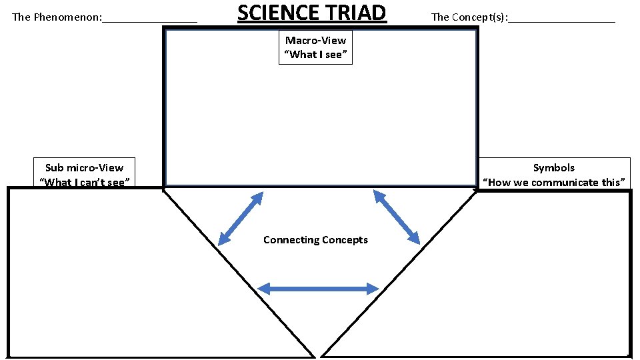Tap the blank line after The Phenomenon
tap(149, 20)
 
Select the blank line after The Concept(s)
tap(561, 20)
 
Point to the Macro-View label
tap(315, 41)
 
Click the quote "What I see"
tap(315, 55)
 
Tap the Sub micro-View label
tap(84, 168)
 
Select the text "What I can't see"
tap(84, 182)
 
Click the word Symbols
tap(553, 168)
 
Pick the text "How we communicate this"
tap(553, 182)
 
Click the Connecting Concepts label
tap(315, 240)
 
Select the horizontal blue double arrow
tap(318, 289)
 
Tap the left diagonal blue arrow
tap(241, 217)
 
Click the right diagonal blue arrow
tap(397, 217)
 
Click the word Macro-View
tap(315, 41)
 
